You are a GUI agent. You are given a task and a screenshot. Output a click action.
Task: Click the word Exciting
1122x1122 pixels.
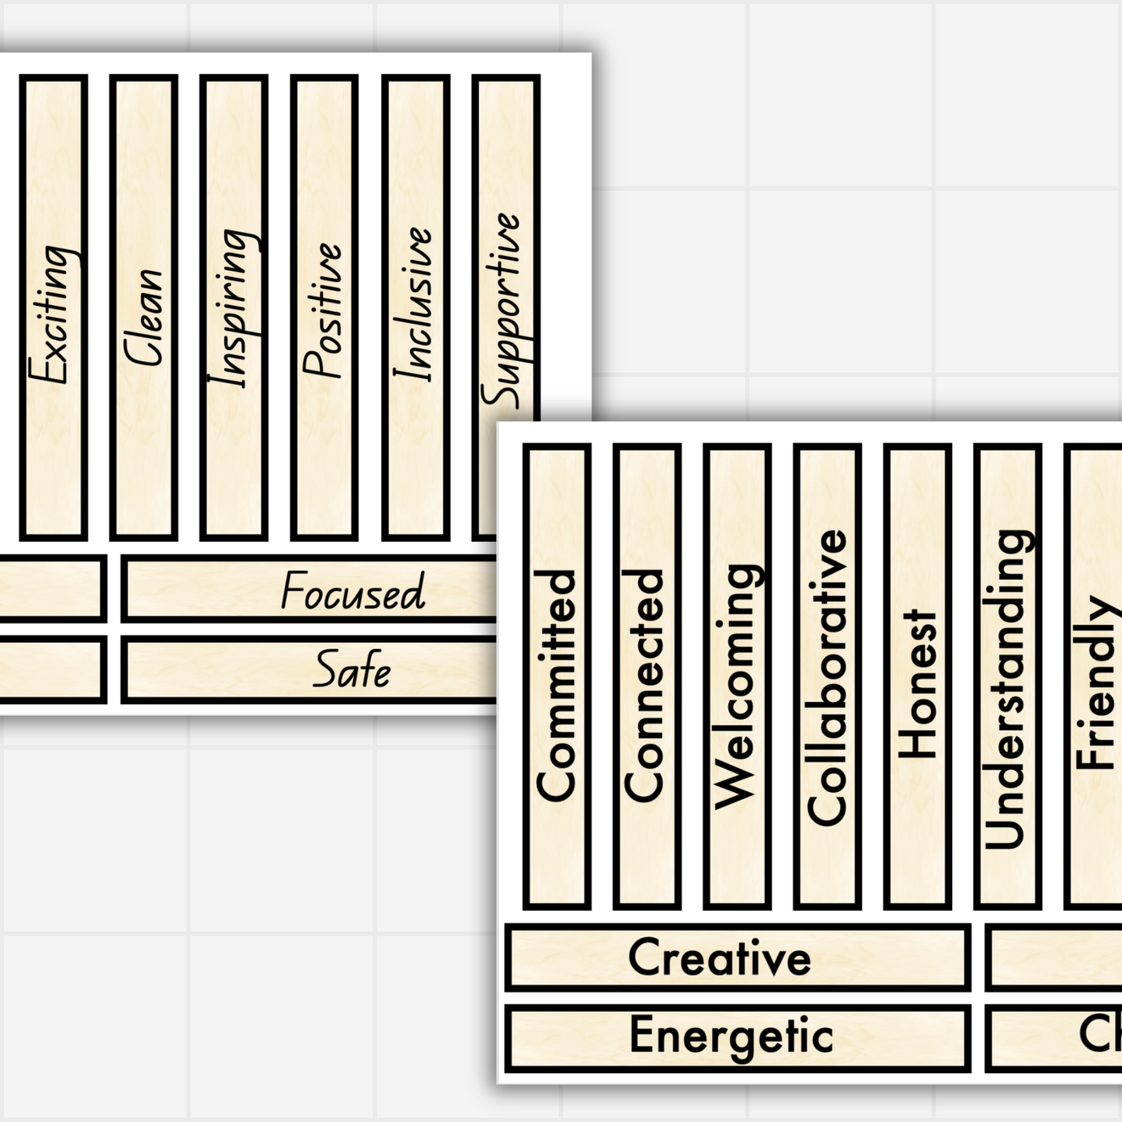[54, 314]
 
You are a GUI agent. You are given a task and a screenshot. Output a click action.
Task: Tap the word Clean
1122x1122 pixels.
[144, 317]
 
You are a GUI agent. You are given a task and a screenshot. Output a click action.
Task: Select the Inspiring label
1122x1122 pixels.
[234, 308]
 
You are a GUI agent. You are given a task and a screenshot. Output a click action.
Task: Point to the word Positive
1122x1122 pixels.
[324, 311]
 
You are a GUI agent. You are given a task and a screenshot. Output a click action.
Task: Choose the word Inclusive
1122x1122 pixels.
[415, 304]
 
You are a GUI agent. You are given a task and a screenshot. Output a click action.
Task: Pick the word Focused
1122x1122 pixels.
[353, 592]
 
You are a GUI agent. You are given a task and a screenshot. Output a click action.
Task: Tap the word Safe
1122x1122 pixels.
[352, 670]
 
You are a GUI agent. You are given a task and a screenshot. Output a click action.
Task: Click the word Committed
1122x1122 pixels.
[557, 685]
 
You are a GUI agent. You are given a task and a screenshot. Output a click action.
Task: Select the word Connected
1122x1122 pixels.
[646, 685]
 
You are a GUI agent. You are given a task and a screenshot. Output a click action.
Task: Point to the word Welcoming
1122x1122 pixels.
[736, 686]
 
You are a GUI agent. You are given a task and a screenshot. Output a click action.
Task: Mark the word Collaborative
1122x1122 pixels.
[827, 677]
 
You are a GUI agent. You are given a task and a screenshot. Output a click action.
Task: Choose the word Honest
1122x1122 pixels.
[918, 683]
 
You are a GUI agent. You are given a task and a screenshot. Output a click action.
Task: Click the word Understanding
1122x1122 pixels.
[1007, 689]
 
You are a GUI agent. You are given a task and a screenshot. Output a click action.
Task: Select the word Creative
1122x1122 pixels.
[720, 957]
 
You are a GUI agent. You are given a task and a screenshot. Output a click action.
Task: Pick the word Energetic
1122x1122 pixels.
[731, 1037]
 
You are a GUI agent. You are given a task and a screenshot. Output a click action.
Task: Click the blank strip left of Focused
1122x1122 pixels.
[50, 589]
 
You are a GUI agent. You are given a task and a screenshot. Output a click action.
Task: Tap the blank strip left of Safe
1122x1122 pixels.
[50, 669]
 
